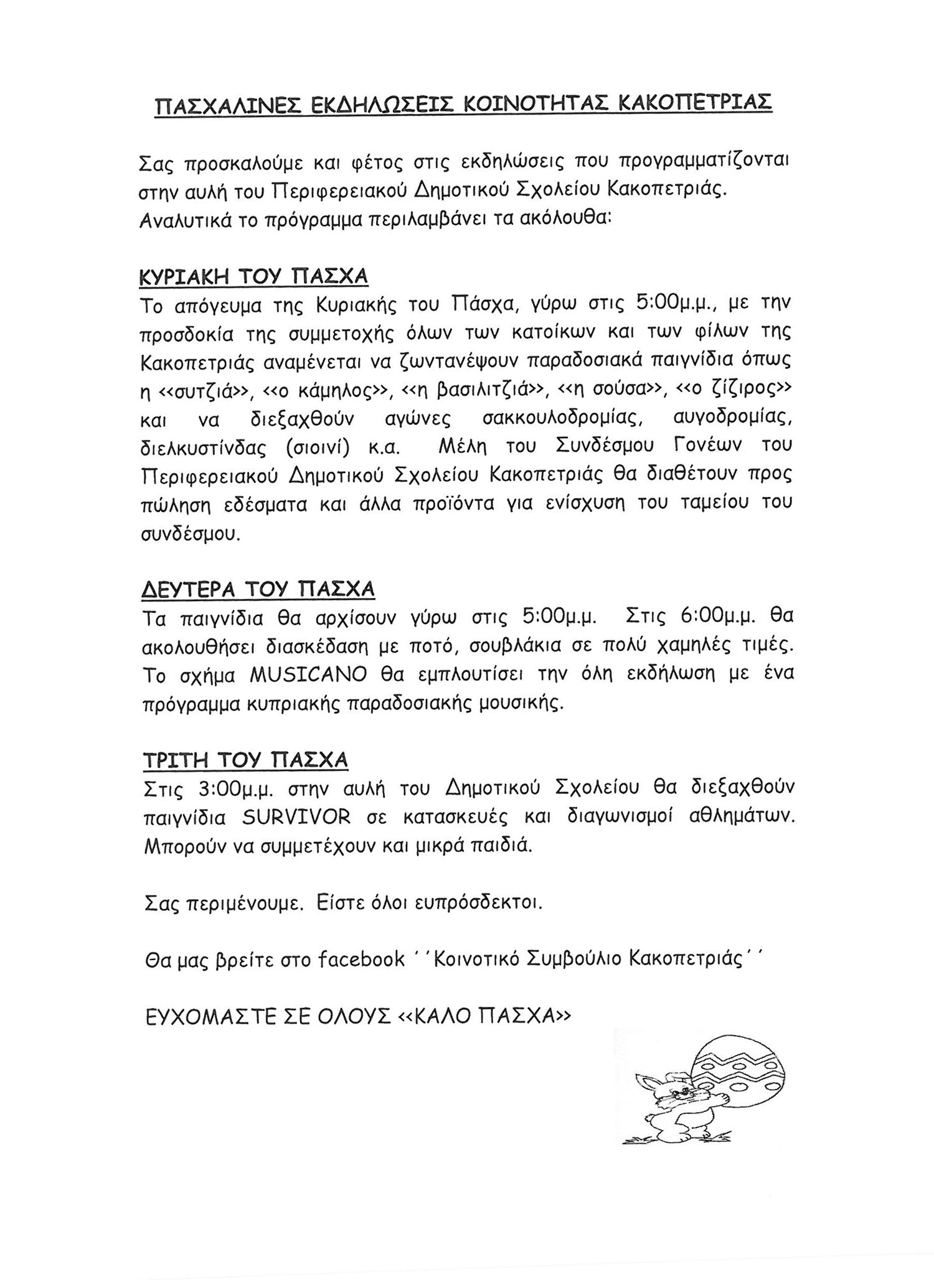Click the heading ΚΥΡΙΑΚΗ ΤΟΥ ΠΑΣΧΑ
254,276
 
